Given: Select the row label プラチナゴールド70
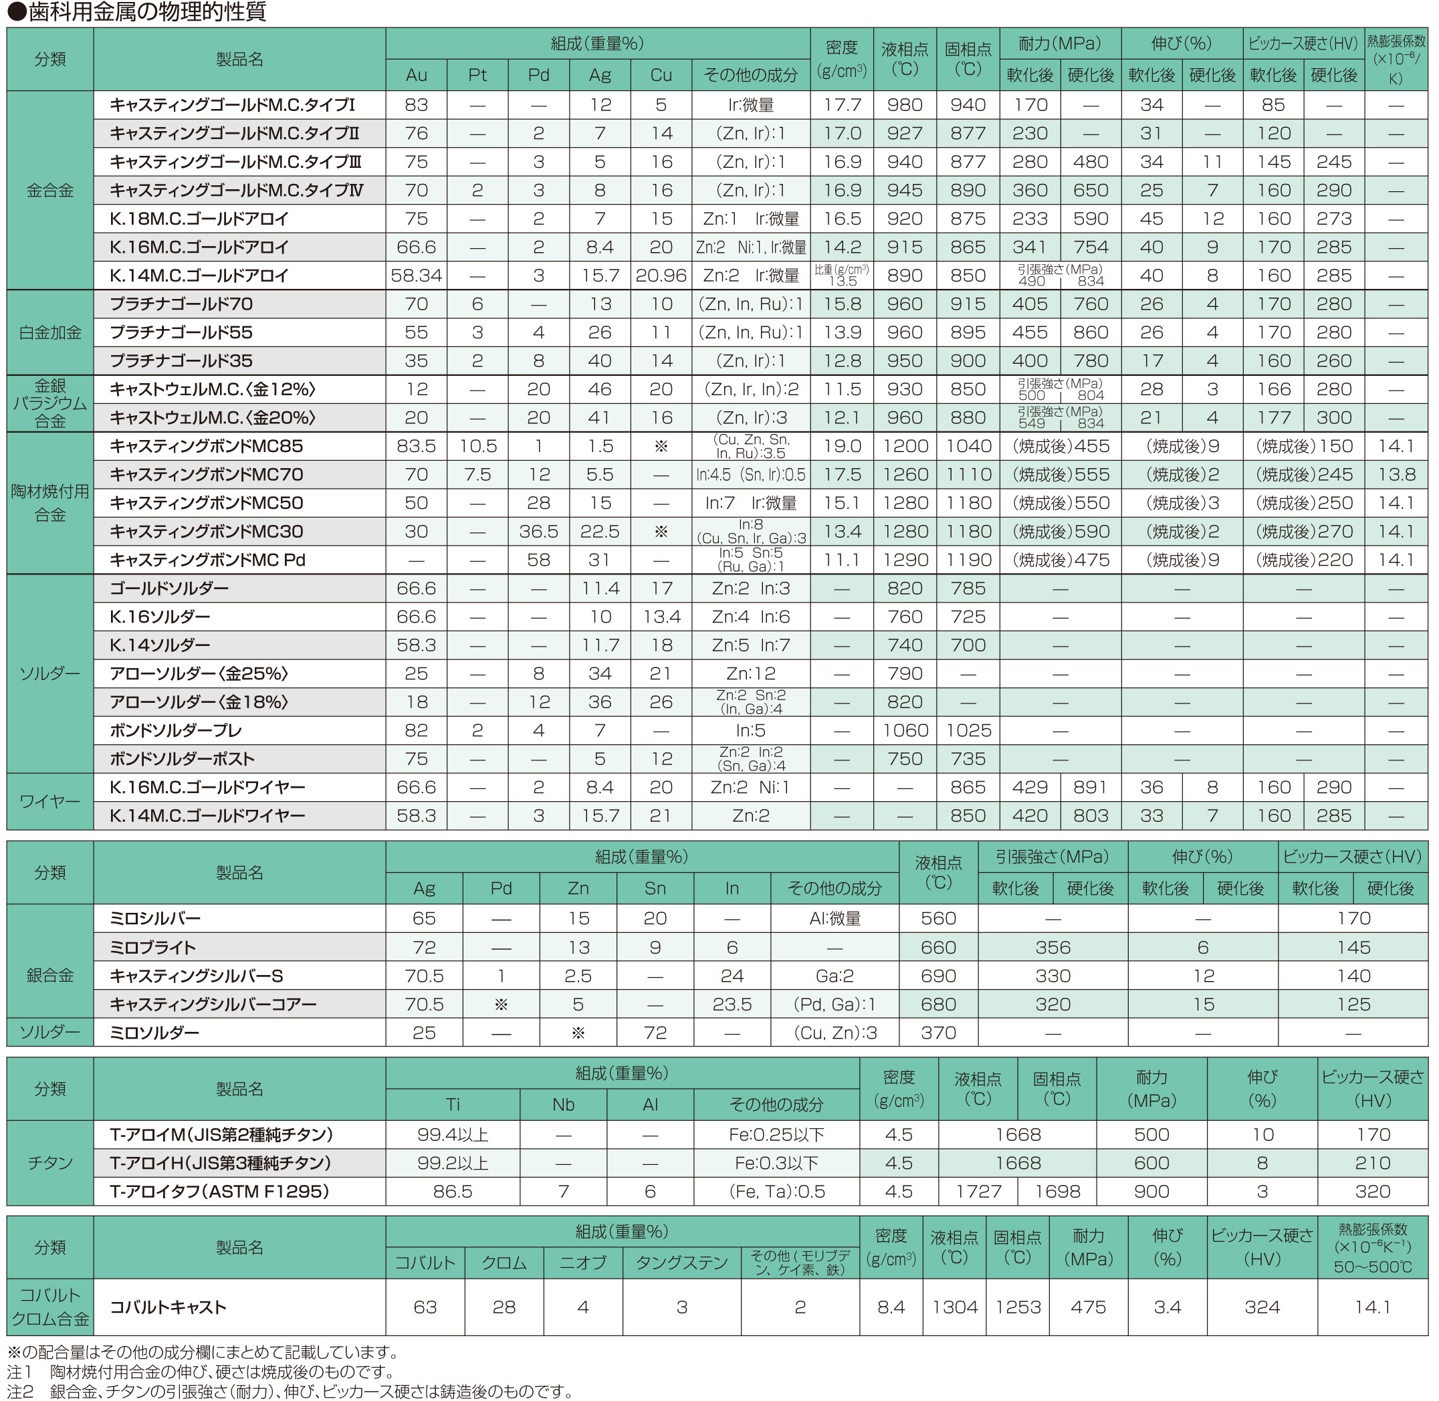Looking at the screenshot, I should point(181,304).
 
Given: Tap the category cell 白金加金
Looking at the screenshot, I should point(50,332).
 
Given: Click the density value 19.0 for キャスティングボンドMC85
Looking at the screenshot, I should point(842,446).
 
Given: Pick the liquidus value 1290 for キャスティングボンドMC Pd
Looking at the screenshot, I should point(904,560).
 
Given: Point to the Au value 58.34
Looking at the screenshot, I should point(416,276).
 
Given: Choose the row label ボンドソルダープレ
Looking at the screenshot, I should point(175,731).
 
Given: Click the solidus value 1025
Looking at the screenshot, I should point(968,731).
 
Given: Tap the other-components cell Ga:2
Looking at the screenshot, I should point(835,976).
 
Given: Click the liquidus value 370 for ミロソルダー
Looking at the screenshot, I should point(938,1033).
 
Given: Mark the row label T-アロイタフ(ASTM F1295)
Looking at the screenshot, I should point(219,1191).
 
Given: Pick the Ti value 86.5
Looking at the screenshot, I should point(453,1191).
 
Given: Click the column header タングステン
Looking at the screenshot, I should point(681,1263).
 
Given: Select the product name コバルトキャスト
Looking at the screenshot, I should point(168,1307).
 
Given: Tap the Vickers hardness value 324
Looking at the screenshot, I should point(1262,1307).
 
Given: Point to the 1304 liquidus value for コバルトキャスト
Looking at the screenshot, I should point(954,1307).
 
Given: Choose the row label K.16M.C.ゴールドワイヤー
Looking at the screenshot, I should point(207,787).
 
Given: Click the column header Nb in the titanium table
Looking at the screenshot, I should point(563,1105).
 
